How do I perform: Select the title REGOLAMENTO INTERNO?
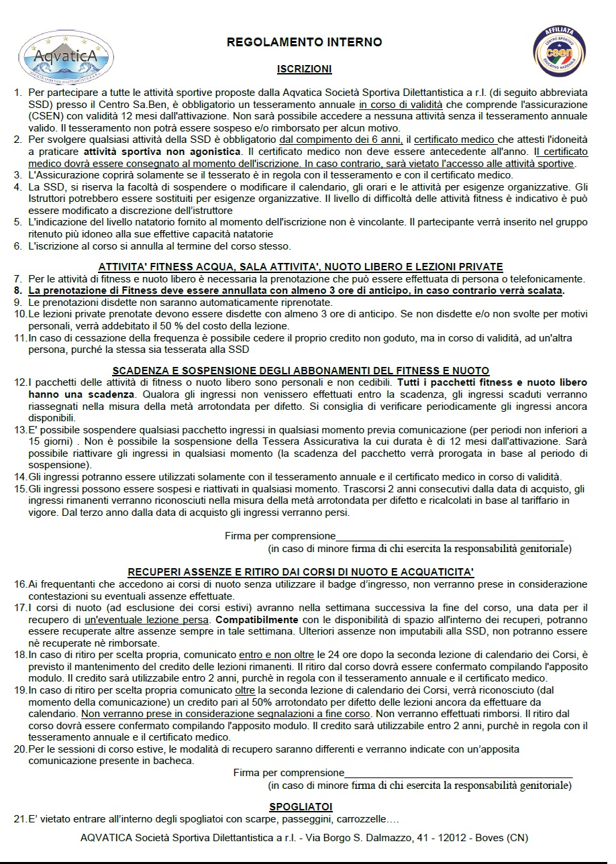[304, 42]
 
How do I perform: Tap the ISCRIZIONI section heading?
[304, 69]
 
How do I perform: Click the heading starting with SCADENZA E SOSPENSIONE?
[301, 370]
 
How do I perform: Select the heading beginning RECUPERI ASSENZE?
[301, 572]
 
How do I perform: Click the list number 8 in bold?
[18, 290]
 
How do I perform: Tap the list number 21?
[19, 819]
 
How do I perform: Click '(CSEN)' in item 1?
[45, 115]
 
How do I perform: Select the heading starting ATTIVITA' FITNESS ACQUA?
[301, 266]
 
